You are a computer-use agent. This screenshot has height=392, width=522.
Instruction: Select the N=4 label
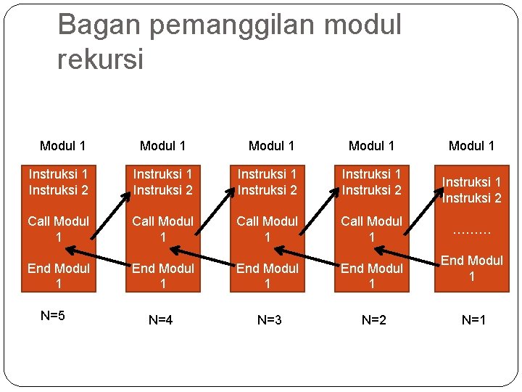(x=160, y=319)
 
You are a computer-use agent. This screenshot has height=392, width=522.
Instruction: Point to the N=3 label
(x=269, y=319)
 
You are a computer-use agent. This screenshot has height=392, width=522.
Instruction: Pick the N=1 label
(x=473, y=319)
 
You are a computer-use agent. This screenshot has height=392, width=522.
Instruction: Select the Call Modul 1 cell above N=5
(x=58, y=229)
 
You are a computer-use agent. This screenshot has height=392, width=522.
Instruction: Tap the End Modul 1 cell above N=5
(x=58, y=276)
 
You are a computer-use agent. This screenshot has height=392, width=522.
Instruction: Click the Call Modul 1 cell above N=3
(x=267, y=229)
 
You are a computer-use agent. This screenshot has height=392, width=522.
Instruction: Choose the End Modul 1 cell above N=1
(x=472, y=268)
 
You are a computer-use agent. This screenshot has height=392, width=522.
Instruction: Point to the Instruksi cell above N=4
(x=162, y=181)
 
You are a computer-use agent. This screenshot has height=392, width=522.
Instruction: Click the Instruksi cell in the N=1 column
(x=472, y=189)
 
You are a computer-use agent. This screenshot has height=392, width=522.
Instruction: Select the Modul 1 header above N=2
(x=371, y=146)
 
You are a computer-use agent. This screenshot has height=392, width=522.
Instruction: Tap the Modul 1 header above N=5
(x=62, y=146)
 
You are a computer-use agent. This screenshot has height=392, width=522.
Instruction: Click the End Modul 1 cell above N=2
(x=371, y=276)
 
